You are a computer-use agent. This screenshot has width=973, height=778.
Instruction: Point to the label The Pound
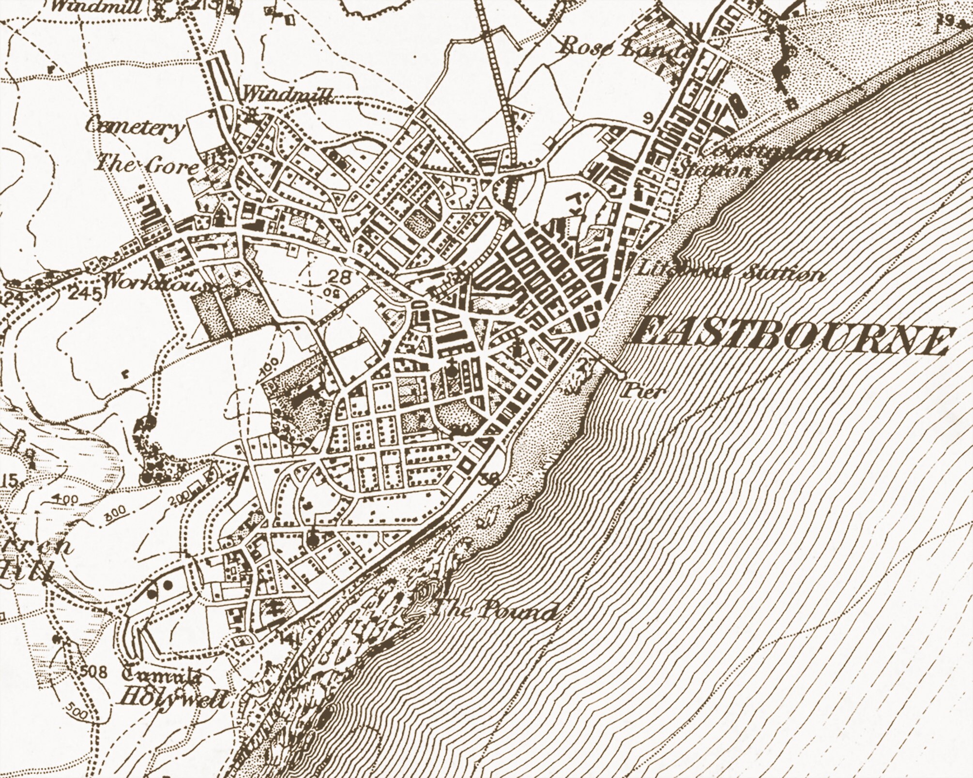click(494, 612)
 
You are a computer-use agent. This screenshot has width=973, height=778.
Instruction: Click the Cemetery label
click(135, 128)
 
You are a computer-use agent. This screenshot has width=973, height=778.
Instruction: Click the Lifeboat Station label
click(731, 273)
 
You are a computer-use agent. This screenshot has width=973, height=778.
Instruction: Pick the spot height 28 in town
click(338, 277)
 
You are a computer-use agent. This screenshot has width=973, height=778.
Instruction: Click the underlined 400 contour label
click(63, 498)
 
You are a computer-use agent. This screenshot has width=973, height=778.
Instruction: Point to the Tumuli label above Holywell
click(162, 676)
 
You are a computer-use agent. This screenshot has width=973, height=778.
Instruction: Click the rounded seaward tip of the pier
click(621, 374)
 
